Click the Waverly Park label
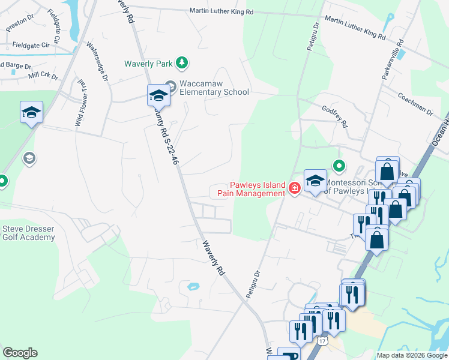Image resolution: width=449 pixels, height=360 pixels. point(148,63)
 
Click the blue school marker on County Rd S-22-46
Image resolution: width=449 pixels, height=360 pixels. point(159,95)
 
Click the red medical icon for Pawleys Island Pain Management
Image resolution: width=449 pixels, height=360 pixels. point(294,188)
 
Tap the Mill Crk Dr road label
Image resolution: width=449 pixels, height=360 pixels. point(43,76)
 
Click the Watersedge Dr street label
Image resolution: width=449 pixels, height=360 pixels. point(97,62)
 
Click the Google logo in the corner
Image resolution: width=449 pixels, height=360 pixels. point(20,353)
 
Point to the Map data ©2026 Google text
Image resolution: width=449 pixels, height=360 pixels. point(412,355)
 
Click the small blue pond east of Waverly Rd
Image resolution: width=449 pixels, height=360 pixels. point(193,287)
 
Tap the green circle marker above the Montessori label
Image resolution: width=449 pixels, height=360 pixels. point(339,166)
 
